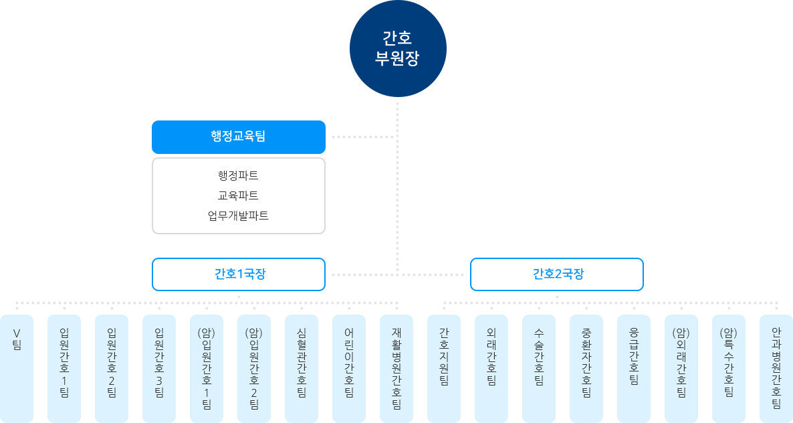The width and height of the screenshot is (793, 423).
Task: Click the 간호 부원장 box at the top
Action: (397, 48)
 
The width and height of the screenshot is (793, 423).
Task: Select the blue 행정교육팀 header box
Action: (238, 137)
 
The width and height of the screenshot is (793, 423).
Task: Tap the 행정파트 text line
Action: (238, 176)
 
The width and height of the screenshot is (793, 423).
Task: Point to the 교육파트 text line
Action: (238, 196)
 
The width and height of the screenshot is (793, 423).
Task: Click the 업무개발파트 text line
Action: (238, 216)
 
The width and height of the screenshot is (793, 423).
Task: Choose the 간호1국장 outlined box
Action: (239, 274)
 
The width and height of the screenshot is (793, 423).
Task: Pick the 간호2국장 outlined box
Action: (557, 274)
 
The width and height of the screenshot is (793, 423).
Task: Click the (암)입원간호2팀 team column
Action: (254, 367)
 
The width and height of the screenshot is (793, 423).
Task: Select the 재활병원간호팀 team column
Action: (396, 367)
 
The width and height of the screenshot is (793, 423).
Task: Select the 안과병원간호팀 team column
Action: (776, 367)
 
